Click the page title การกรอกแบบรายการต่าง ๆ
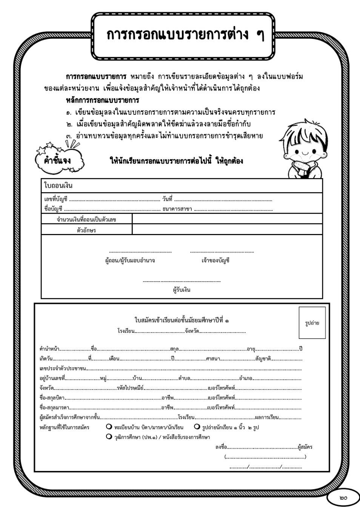[185, 35]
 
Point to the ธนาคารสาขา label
[177, 209]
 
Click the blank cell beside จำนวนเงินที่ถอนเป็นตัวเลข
[227, 219]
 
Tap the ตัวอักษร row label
[86, 230]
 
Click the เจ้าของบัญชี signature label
[215, 260]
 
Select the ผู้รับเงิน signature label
[182, 290]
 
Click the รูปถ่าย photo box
[312, 323]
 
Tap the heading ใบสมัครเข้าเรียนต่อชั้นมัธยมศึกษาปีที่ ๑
[182, 320]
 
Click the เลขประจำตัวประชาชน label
[63, 368]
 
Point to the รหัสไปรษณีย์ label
[130, 388]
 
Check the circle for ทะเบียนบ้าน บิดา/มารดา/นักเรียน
[109, 427]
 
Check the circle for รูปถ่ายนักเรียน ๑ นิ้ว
[197, 427]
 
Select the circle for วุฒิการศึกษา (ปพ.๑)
[109, 437]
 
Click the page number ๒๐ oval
[343, 498]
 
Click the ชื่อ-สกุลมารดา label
[54, 407]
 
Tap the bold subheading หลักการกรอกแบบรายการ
[102, 100]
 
